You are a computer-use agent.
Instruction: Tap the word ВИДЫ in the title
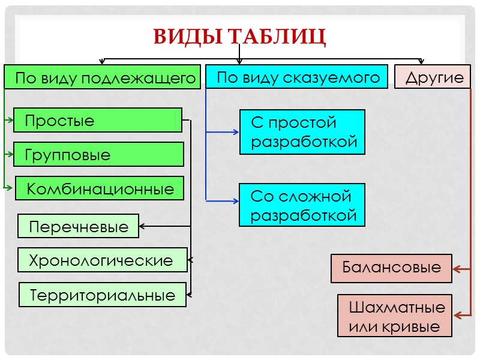coord(187,37)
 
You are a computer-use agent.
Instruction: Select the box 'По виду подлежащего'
coord(102,77)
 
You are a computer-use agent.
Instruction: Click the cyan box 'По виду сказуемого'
coord(298,77)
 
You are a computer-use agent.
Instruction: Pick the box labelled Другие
coord(433,77)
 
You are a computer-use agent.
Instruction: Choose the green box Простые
coord(97,120)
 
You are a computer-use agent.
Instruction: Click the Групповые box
coord(98,154)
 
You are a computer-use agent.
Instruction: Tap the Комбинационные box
coord(99,188)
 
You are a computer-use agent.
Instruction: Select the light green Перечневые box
coord(78,226)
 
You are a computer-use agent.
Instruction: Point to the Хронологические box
coord(101,260)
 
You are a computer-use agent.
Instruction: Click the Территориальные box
coord(103,295)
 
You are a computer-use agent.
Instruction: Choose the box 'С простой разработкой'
coord(302,132)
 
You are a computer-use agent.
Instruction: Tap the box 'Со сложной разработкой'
coord(302,205)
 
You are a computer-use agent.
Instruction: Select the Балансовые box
coord(392,268)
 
